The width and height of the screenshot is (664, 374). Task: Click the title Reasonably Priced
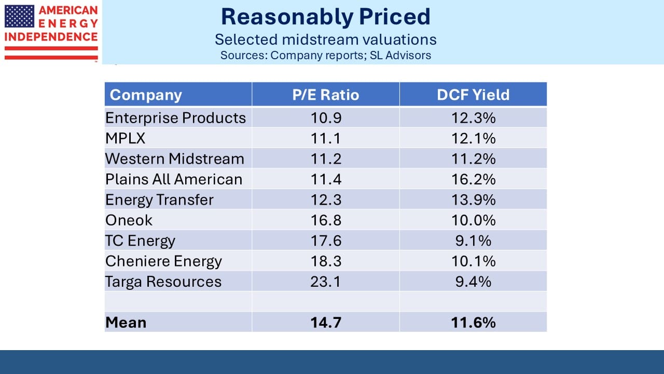coord(325,17)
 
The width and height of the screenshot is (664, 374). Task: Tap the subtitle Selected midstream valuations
coord(325,39)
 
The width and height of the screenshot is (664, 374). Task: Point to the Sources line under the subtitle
coord(325,55)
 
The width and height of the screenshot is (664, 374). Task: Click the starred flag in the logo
coord(19,16)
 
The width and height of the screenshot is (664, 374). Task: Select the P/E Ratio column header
coord(325,95)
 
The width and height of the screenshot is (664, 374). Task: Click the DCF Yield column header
coord(473,95)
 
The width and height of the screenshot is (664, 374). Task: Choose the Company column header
coord(146,95)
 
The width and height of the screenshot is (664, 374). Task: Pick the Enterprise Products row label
coord(175,118)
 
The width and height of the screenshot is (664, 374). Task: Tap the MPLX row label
coord(126,138)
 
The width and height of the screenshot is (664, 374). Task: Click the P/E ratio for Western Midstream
coord(326,159)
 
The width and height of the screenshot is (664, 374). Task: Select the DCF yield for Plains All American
coord(474,179)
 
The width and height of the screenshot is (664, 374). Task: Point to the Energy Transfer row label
coord(159,200)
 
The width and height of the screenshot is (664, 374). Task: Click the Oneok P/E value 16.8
coord(326,220)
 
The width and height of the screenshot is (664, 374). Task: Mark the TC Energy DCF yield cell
coord(474,241)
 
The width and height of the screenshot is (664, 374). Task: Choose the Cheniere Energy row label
coord(163,261)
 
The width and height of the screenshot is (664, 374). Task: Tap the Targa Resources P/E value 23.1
coord(326,282)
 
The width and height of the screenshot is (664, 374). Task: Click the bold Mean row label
coord(126,323)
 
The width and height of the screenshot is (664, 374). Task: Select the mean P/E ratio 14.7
coord(326,323)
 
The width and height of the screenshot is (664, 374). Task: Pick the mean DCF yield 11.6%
coord(474,323)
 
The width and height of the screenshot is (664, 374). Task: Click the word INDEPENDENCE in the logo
coord(51,37)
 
